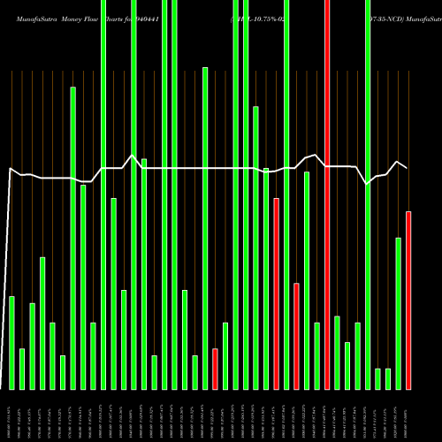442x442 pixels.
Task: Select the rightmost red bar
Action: pos(408,301)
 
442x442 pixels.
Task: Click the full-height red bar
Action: pos(327,194)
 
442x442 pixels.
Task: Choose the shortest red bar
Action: pos(215,369)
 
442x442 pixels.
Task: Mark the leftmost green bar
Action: pos(11,343)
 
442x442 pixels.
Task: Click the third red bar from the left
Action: pos(296,336)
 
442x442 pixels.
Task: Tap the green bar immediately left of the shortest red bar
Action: pos(205,228)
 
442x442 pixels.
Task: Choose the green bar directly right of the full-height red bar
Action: pos(337,352)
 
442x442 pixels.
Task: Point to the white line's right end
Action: pos(407,168)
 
